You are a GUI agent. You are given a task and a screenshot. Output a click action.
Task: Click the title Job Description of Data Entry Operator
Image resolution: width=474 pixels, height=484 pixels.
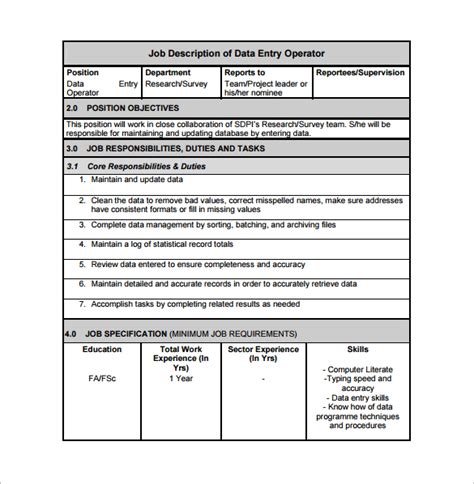click(236, 53)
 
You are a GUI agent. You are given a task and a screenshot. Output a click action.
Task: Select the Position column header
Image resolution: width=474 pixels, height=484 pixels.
click(83, 73)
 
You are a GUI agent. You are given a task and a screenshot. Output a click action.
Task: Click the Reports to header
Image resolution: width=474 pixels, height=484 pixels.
click(245, 73)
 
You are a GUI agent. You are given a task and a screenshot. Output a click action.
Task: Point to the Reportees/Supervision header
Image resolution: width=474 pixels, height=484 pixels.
click(360, 73)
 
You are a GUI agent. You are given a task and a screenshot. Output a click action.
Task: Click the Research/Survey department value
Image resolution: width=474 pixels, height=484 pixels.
click(176, 84)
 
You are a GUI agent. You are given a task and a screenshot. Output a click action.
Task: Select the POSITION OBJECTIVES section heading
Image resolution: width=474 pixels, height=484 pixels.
click(133, 107)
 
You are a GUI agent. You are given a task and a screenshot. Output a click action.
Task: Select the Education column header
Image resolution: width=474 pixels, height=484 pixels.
click(102, 350)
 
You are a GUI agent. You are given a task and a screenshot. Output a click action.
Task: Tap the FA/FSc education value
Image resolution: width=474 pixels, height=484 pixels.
click(102, 379)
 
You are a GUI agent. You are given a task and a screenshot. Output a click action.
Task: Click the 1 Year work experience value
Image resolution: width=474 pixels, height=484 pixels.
click(181, 379)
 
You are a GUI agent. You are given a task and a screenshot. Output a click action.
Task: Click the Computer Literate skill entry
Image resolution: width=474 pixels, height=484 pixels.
click(359, 369)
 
